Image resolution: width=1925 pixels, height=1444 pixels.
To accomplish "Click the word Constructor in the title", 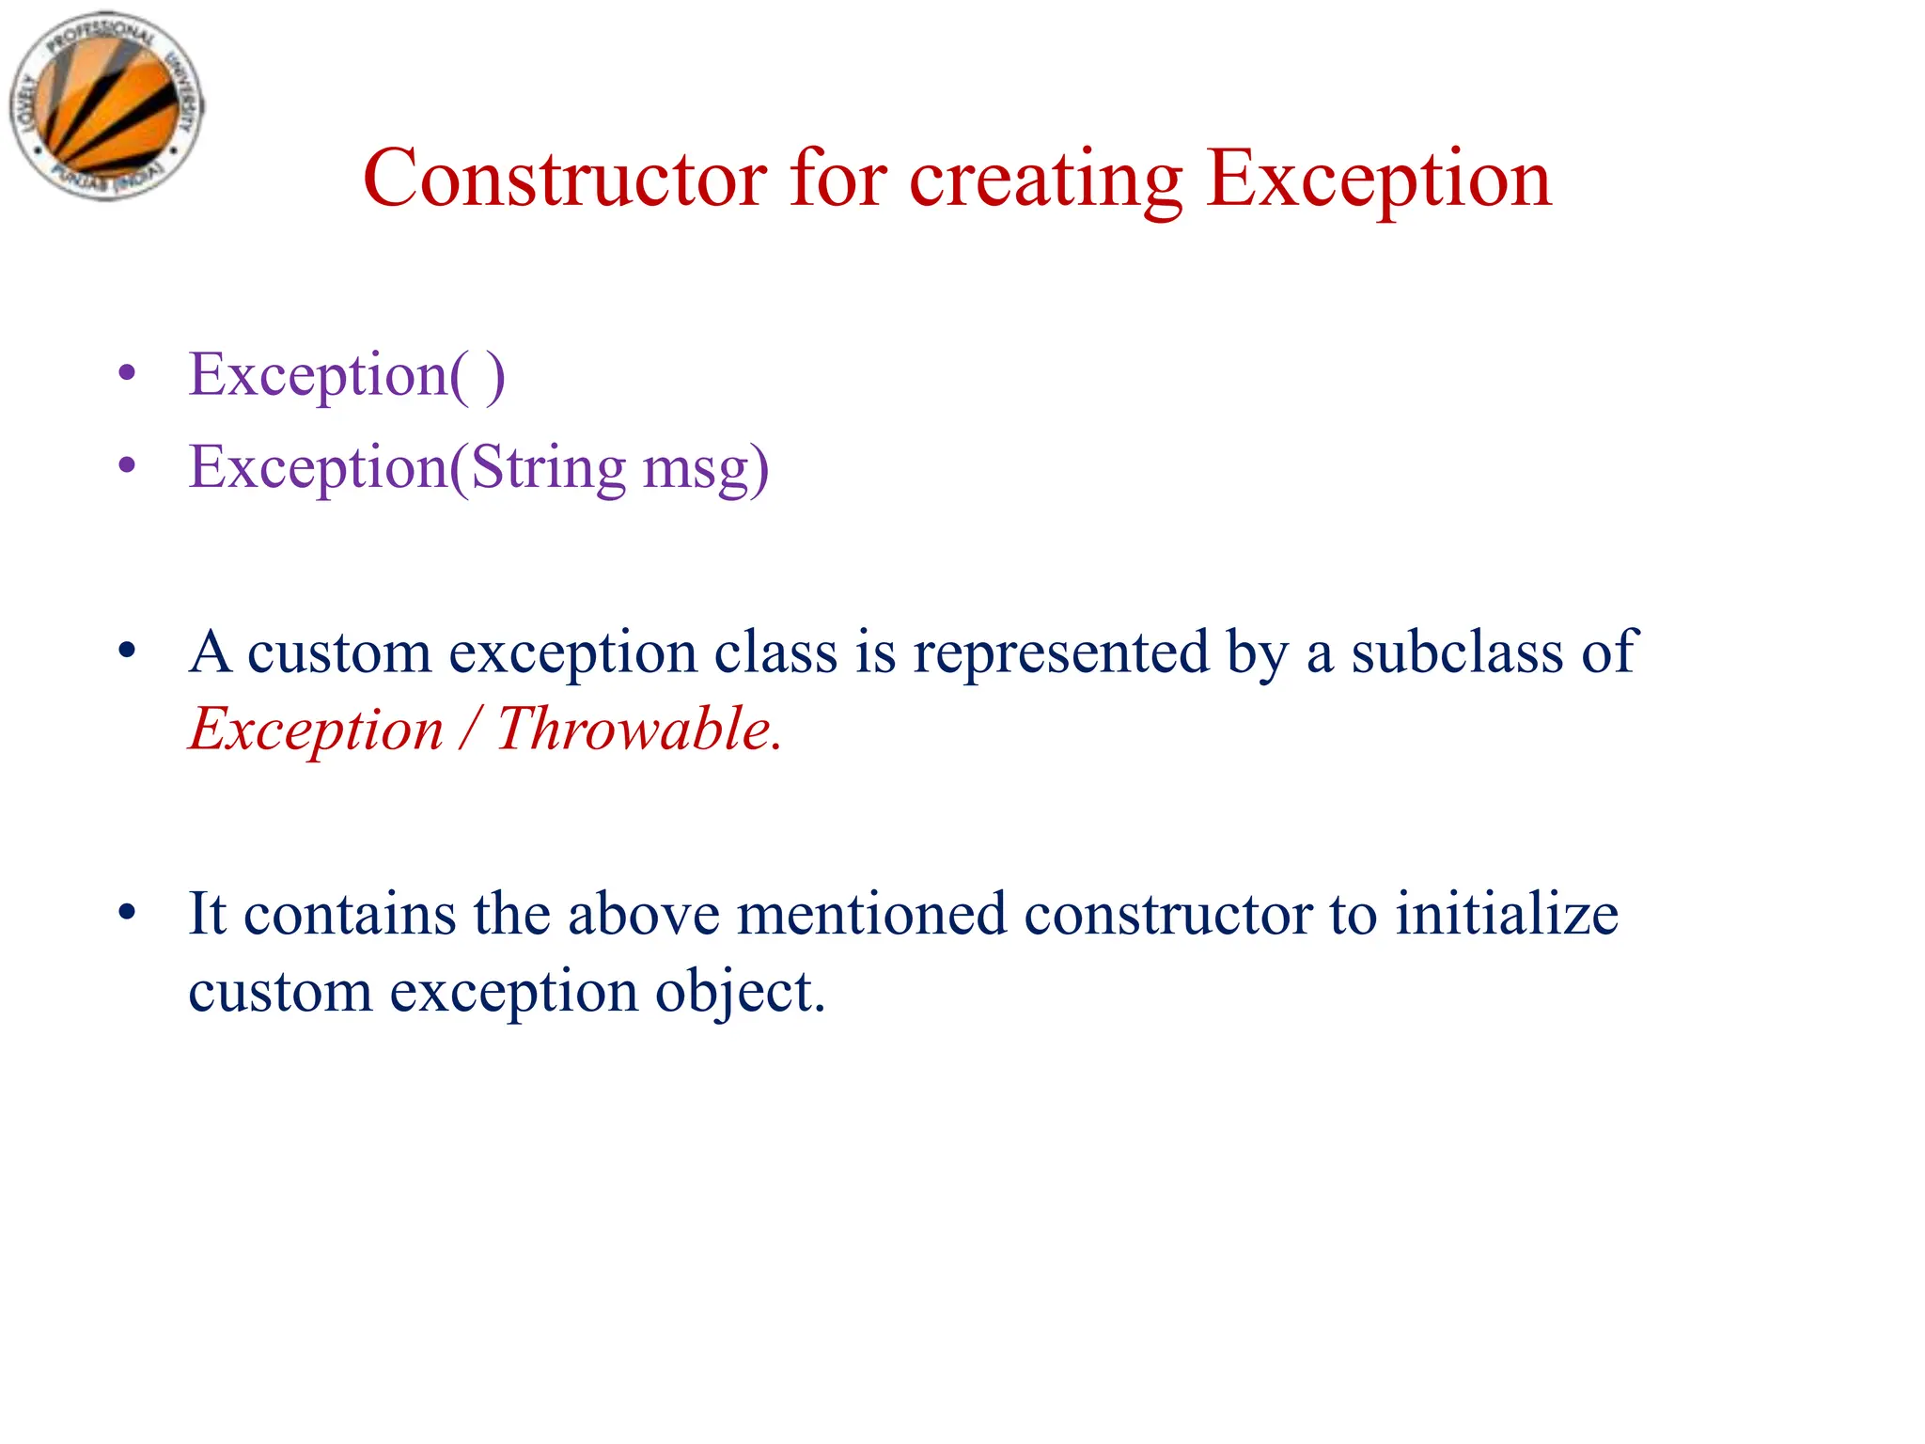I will pos(564,179).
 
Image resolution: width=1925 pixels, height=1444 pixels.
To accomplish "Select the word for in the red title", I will pos(837,179).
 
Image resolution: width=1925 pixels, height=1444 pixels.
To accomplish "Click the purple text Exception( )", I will pos(347,375).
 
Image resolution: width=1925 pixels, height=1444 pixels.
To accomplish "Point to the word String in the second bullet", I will pos(547,467).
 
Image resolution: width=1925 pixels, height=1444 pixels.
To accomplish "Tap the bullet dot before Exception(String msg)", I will pos(127,465).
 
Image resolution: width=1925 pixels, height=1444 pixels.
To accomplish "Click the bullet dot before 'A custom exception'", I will pos(127,650).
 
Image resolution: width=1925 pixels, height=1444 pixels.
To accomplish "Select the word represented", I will pos(1060,651).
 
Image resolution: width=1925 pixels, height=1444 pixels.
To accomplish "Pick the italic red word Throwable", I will pos(634,729).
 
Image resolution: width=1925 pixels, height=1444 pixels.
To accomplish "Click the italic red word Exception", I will pos(316,729).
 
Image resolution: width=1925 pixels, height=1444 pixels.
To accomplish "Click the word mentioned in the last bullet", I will pos(870,914).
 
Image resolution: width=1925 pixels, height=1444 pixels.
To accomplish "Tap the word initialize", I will pos(1506,914).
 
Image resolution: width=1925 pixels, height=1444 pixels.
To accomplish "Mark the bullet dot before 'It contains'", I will pos(127,912).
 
